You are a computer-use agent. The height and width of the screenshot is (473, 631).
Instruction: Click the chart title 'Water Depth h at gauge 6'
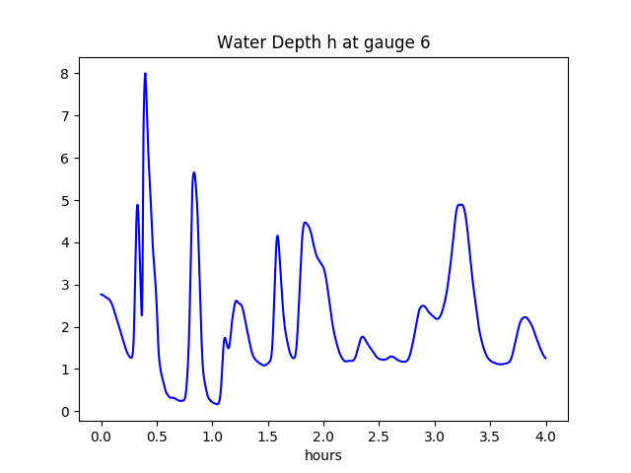pos(323,42)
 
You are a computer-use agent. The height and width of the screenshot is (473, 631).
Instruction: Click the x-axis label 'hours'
pos(323,455)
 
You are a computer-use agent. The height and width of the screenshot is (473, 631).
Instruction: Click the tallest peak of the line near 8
pos(145,74)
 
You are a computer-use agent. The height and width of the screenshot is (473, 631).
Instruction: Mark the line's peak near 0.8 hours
pos(194,172)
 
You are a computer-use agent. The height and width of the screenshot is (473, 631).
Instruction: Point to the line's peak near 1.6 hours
pos(277,236)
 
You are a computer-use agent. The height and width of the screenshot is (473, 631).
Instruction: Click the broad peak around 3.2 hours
pos(460,205)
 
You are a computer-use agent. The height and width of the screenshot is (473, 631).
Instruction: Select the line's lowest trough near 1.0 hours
pos(217,404)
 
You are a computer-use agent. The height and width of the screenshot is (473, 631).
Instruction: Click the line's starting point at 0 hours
pos(102,295)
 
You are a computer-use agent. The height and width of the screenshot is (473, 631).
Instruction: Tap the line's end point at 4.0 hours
pos(545,358)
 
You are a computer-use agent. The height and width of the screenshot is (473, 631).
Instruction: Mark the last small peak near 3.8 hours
pos(526,317)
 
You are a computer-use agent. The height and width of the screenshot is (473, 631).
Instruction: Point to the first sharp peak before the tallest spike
pos(137,205)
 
